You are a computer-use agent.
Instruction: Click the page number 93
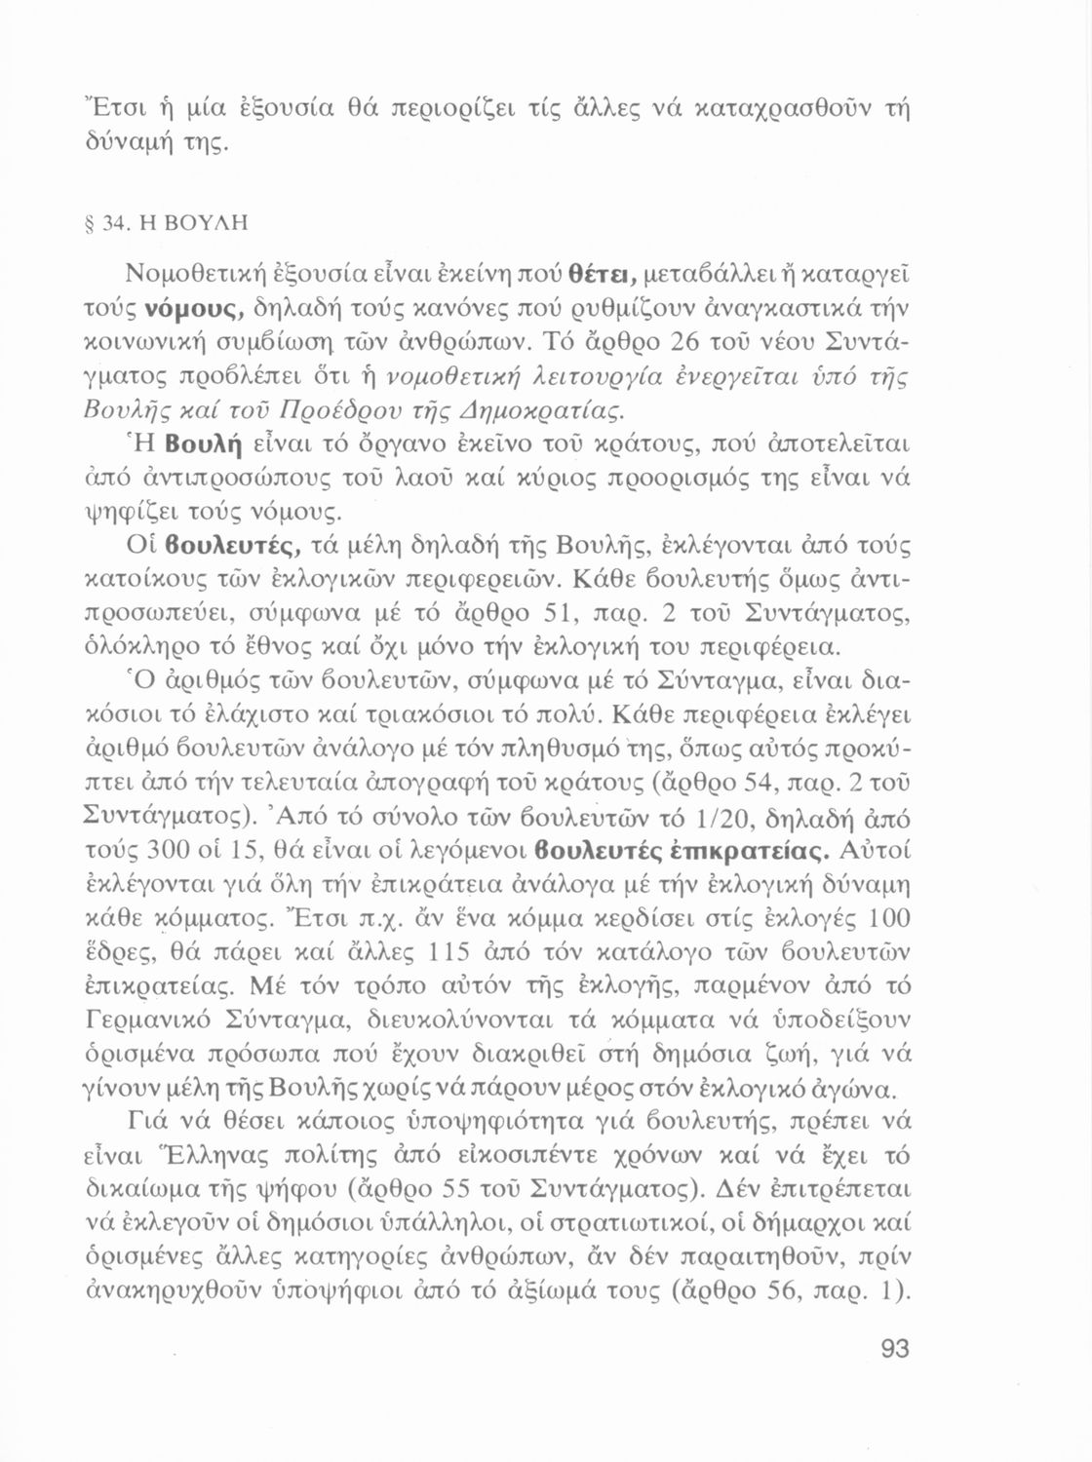[894, 1348]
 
